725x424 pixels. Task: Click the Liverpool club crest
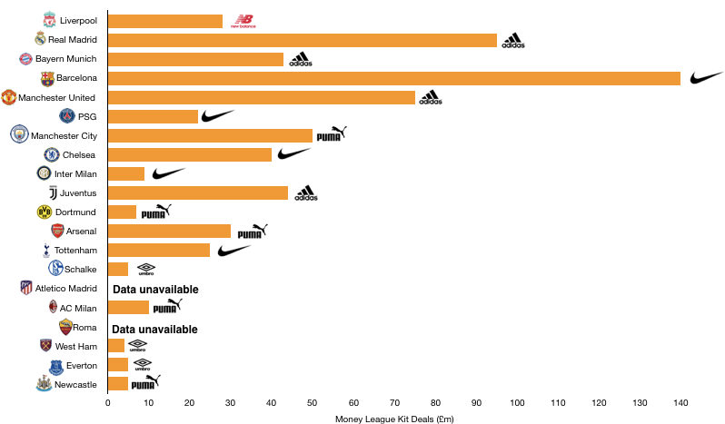pyautogui.click(x=49, y=19)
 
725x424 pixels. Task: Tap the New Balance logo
pyautogui.click(x=243, y=21)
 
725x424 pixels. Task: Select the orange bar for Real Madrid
pyautogui.click(x=303, y=40)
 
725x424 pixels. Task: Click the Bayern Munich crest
pyautogui.click(x=25, y=59)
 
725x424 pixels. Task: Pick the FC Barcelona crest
pyautogui.click(x=47, y=79)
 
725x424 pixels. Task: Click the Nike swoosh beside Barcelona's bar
pyautogui.click(x=707, y=78)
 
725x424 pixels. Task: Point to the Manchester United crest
pyautogui.click(x=9, y=97)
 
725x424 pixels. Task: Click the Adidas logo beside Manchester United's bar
pyautogui.click(x=431, y=96)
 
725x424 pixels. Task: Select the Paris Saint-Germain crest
pyautogui.click(x=67, y=116)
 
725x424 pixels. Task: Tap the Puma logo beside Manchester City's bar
pyautogui.click(x=332, y=134)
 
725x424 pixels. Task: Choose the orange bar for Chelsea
pyautogui.click(x=190, y=154)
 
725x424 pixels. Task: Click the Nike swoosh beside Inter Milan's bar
pyautogui.click(x=169, y=173)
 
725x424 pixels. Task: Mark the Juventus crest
pyautogui.click(x=53, y=192)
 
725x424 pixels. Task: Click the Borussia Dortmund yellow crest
pyautogui.click(x=45, y=212)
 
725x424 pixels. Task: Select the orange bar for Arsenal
pyautogui.click(x=169, y=232)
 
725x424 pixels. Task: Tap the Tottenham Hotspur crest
pyautogui.click(x=46, y=251)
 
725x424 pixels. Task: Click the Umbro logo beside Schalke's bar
pyautogui.click(x=146, y=270)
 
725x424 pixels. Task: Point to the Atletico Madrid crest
pyautogui.click(x=25, y=288)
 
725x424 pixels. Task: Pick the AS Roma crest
pyautogui.click(x=65, y=327)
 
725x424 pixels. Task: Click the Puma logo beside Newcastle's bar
pyautogui.click(x=145, y=382)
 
